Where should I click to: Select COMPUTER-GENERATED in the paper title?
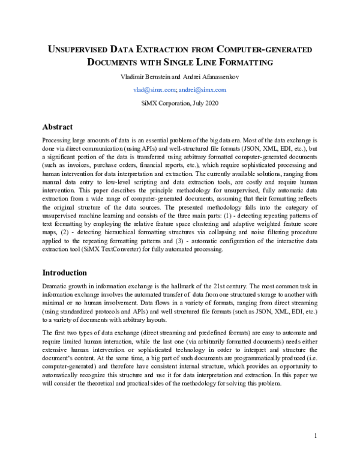click(267, 49)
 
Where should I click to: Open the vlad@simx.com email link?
click(154, 89)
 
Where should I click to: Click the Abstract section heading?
click(58, 127)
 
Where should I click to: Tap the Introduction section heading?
click(65, 272)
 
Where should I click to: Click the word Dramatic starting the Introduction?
click(56, 287)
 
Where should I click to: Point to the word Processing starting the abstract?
click(58, 139)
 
